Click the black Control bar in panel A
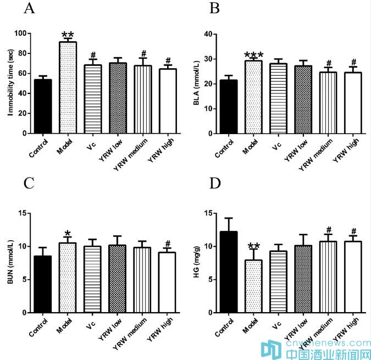[x=43, y=107]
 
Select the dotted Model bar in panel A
[x=68, y=88]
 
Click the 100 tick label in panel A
[x=20, y=34]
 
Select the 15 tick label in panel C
[x=23, y=213]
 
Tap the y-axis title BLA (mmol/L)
[x=196, y=82]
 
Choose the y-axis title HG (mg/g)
[x=196, y=262]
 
